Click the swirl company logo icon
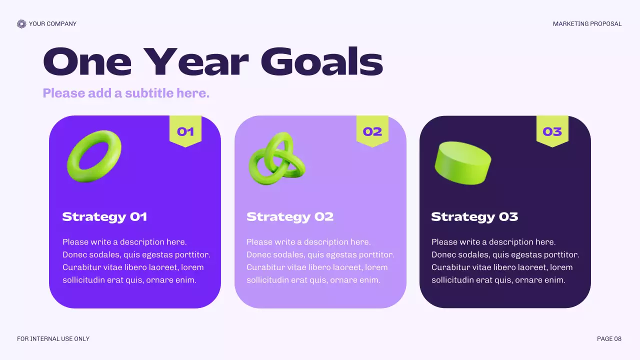click(x=21, y=24)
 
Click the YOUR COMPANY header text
click(x=52, y=24)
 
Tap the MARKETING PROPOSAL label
click(x=587, y=24)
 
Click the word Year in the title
click(x=196, y=62)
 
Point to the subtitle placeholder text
click(x=126, y=93)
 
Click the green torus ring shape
click(x=94, y=156)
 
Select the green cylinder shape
click(x=462, y=163)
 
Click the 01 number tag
click(x=185, y=131)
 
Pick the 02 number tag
click(x=372, y=131)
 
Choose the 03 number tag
click(x=552, y=131)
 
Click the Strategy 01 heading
click(x=104, y=217)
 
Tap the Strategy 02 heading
click(x=290, y=217)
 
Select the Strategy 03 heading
click(x=474, y=217)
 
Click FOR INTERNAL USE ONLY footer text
click(x=53, y=339)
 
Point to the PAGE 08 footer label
click(x=609, y=339)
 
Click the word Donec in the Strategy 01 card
click(x=74, y=255)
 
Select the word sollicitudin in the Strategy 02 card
click(x=268, y=280)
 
